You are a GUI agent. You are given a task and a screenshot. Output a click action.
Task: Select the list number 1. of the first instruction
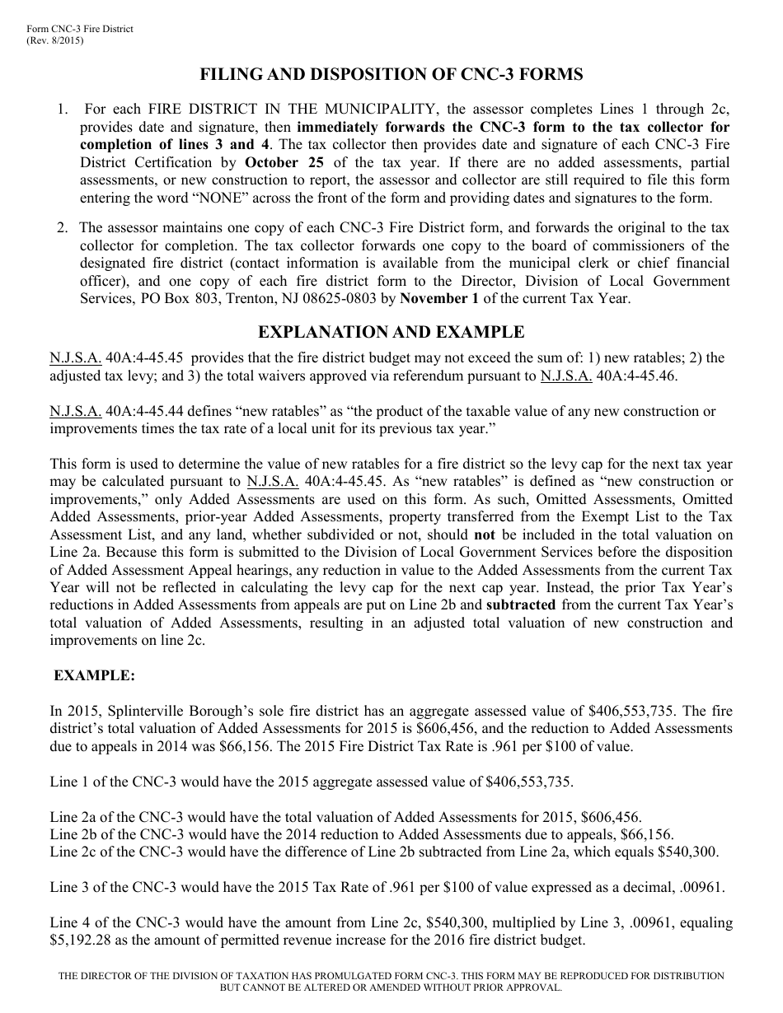[x=63, y=110]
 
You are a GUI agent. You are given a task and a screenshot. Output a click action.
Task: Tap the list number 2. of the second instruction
[x=63, y=227]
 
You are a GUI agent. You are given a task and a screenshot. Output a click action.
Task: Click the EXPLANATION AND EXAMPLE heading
[x=391, y=332]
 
